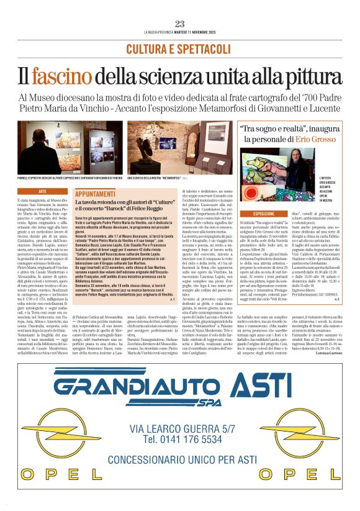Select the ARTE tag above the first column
pyautogui.click(x=42, y=192)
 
